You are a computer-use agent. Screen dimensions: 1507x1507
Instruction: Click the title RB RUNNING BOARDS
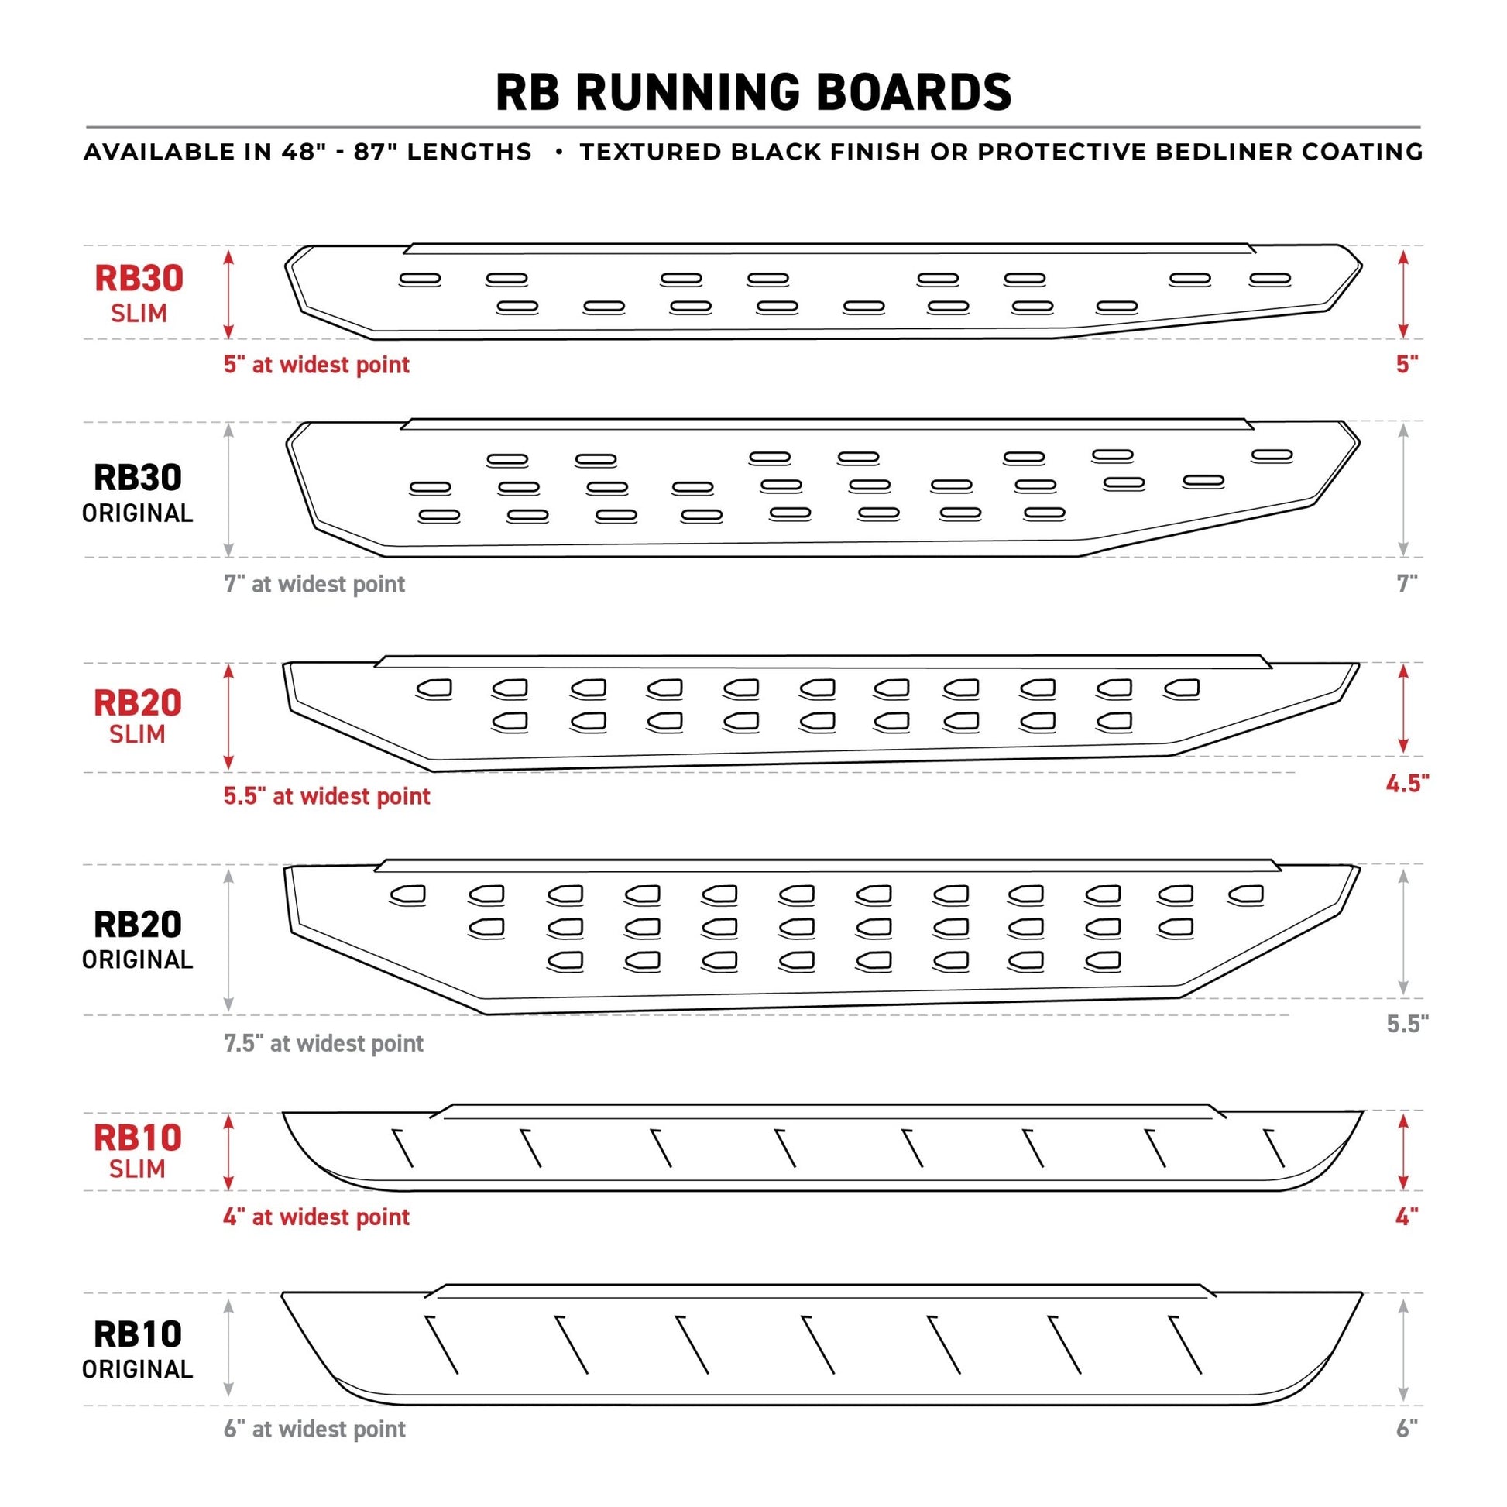point(753,92)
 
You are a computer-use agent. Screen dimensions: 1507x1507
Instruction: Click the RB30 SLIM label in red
point(139,294)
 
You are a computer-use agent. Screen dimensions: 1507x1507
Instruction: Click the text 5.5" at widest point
point(326,796)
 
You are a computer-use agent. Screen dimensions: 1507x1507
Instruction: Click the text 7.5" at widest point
point(323,1044)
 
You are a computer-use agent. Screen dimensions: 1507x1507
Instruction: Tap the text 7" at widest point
point(314,584)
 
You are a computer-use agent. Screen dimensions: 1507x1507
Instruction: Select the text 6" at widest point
point(314,1429)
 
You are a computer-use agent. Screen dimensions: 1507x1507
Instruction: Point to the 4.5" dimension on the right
point(1406,784)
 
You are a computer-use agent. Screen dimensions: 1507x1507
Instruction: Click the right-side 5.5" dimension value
point(1406,1025)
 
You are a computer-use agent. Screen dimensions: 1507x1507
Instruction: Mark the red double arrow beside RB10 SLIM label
point(228,1152)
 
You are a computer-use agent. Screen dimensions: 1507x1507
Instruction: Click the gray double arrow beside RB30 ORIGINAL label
point(228,490)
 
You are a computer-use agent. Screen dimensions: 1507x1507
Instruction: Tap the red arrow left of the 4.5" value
point(1403,709)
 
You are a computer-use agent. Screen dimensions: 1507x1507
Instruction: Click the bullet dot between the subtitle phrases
point(559,151)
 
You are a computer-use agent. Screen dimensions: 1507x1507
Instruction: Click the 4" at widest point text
point(316,1217)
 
